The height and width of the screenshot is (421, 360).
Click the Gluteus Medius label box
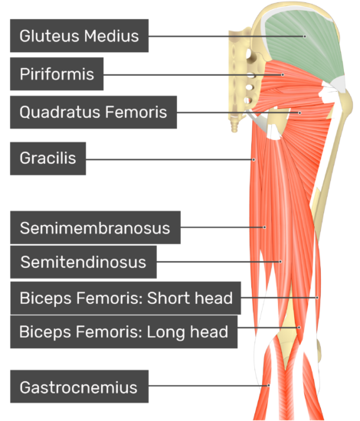(x=79, y=36)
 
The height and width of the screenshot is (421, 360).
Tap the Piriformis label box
(x=57, y=73)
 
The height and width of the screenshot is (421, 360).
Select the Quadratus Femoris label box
(x=93, y=112)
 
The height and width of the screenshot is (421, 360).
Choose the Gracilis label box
(x=47, y=158)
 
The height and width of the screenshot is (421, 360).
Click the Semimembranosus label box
(x=96, y=227)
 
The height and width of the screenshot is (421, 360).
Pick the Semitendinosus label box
(x=83, y=262)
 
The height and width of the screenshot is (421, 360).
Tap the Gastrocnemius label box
(x=79, y=387)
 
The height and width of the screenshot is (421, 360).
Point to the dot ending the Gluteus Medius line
(x=305, y=36)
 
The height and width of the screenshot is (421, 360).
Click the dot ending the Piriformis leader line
(x=283, y=75)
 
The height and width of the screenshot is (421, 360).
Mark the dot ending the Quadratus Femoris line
(x=299, y=113)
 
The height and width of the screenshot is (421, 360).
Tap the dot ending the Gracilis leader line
(x=254, y=160)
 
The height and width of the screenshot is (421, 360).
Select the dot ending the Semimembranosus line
(x=264, y=227)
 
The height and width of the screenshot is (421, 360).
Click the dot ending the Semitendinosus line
(x=280, y=262)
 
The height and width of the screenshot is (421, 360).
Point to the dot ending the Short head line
(x=317, y=298)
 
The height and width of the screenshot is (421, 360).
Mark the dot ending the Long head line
(x=299, y=328)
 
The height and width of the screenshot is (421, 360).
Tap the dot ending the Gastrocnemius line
(x=268, y=386)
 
